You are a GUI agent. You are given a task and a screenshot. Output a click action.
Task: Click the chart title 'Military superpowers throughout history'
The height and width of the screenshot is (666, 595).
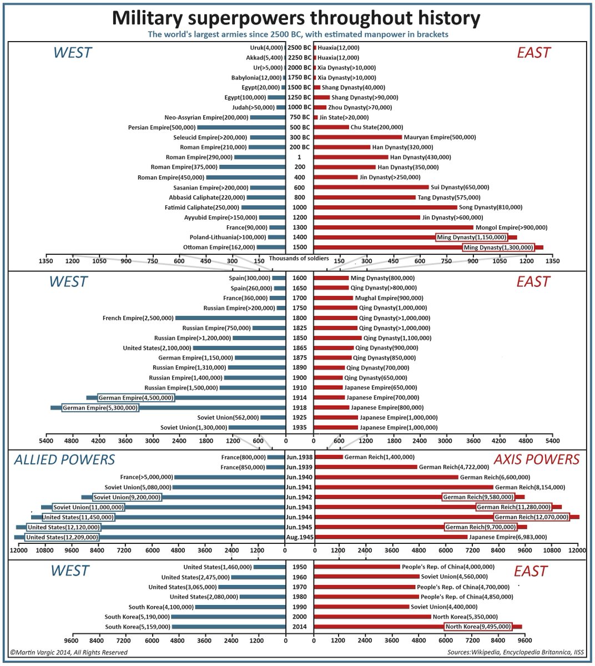296,18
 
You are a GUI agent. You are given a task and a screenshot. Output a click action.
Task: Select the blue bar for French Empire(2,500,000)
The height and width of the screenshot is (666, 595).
230,318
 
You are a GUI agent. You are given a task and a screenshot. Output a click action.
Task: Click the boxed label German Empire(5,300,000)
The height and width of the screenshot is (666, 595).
100,408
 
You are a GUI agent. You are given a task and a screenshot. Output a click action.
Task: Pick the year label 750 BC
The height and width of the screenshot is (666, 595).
299,118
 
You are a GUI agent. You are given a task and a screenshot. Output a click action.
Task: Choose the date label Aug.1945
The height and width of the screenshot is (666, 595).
299,537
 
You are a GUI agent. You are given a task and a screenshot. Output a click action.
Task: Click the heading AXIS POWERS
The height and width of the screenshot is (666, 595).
536,460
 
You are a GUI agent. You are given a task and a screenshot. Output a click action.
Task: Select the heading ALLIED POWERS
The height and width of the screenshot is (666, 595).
64,460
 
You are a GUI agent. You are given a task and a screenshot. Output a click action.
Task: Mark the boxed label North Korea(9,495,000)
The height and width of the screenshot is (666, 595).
478,627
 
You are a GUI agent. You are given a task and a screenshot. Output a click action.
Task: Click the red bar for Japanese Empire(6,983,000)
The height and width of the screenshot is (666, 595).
391,537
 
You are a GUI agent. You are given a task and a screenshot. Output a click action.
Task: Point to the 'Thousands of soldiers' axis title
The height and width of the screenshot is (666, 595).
299,258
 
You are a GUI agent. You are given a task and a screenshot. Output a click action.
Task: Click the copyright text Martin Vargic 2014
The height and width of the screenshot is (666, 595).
69,653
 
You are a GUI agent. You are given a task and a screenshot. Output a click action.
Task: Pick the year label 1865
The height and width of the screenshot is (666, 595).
299,348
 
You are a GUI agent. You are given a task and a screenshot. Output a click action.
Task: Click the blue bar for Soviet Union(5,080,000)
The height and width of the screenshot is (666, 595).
229,487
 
